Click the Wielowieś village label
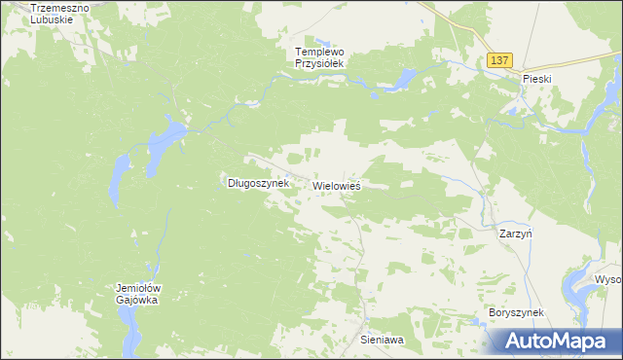click(338, 185)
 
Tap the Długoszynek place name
click(258, 182)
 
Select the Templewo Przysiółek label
click(321, 56)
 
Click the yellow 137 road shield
click(499, 60)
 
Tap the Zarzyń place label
click(515, 234)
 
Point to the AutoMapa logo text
click(563, 342)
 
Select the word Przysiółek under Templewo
click(321, 63)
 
